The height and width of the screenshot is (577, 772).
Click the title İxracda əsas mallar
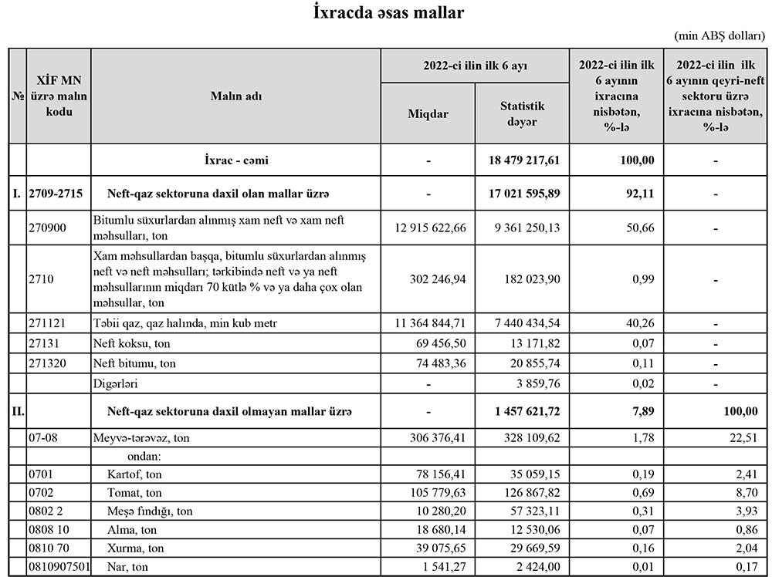[389, 13]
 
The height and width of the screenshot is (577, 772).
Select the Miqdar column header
[428, 113]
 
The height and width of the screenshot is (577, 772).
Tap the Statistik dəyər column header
[522, 113]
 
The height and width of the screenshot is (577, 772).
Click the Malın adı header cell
[236, 96]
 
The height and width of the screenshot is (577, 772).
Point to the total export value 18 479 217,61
[523, 160]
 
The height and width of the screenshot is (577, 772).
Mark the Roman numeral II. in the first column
[18, 412]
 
